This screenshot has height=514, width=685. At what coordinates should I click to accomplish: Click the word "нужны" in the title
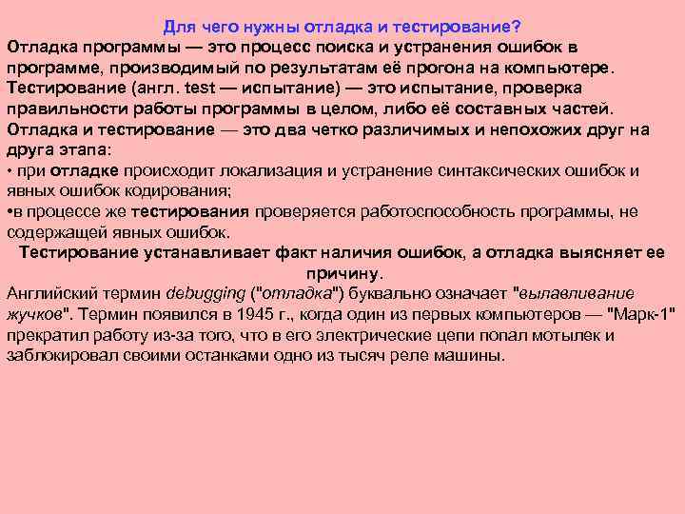[x=282, y=26]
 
